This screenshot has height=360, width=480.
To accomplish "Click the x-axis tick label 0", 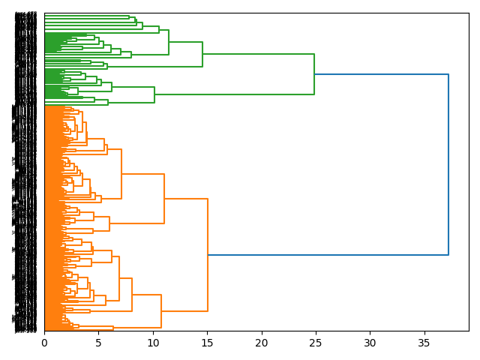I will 44,343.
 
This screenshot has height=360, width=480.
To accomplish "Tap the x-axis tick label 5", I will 98,343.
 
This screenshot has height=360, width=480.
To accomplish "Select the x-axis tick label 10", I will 153,343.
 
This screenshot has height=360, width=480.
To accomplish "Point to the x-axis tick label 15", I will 207,343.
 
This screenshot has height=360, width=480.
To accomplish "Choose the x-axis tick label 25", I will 316,343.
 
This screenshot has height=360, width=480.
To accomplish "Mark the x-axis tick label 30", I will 370,343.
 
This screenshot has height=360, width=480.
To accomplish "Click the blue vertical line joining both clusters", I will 448,165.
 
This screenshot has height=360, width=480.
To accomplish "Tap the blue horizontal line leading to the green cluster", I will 381,74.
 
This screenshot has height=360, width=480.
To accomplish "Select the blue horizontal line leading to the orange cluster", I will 328,255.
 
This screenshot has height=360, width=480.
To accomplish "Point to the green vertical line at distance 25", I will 314,74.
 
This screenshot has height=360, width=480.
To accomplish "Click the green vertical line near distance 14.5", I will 202,54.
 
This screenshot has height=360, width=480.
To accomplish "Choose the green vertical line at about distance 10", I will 154,94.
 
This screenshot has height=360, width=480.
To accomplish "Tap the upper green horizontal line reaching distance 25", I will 258,54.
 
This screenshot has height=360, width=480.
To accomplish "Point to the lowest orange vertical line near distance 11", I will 161,311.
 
